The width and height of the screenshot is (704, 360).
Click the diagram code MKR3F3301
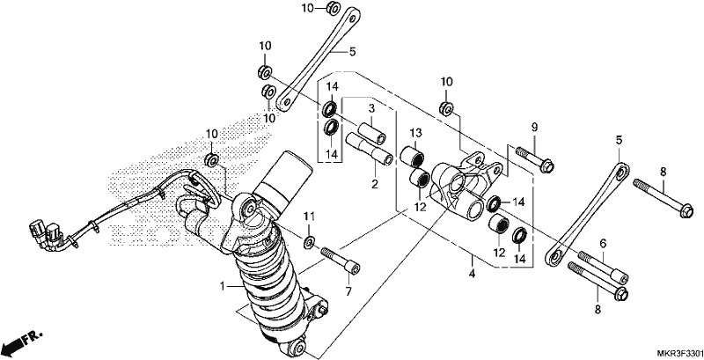680,353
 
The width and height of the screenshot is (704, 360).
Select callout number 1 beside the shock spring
222,286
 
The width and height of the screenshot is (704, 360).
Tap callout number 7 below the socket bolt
348,292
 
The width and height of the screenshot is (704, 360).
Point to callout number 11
307,217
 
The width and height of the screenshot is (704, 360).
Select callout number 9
534,127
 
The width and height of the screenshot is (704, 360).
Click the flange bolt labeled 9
535,159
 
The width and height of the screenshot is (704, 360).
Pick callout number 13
415,133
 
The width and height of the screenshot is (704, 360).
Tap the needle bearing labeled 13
413,155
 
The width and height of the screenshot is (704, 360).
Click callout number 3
371,108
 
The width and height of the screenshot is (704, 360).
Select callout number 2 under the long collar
375,184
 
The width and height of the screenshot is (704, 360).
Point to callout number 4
472,273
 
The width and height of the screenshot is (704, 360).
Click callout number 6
603,243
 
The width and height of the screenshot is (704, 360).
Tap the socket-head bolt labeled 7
341,261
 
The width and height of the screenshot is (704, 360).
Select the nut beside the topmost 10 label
333,8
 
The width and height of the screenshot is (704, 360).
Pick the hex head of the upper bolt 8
686,210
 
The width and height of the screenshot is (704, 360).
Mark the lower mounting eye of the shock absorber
297,347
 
